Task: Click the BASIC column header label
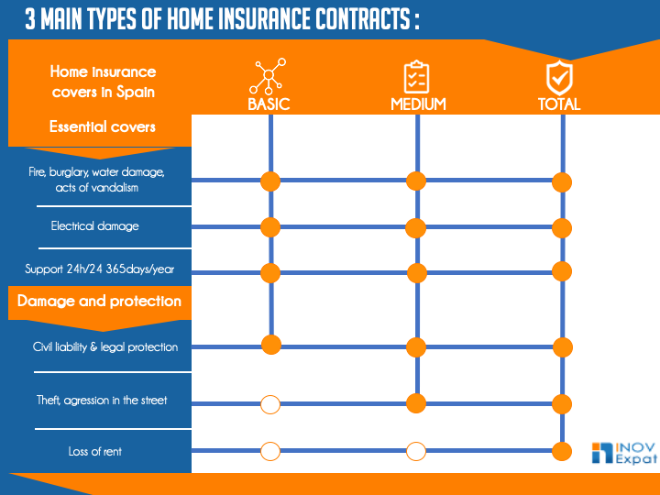(269, 104)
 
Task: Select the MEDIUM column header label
(418, 104)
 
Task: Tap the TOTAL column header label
(559, 104)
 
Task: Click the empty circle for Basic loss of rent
(269, 451)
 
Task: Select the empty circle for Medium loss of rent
(416, 451)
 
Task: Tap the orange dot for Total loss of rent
(562, 450)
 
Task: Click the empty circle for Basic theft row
(269, 403)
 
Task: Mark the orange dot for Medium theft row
(416, 402)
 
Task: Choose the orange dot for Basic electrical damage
(269, 226)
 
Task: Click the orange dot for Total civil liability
(562, 346)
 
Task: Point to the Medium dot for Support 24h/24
(416, 272)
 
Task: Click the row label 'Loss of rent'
(94, 451)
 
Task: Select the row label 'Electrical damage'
(94, 225)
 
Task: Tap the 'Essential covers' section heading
(103, 126)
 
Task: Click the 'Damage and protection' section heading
(99, 301)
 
